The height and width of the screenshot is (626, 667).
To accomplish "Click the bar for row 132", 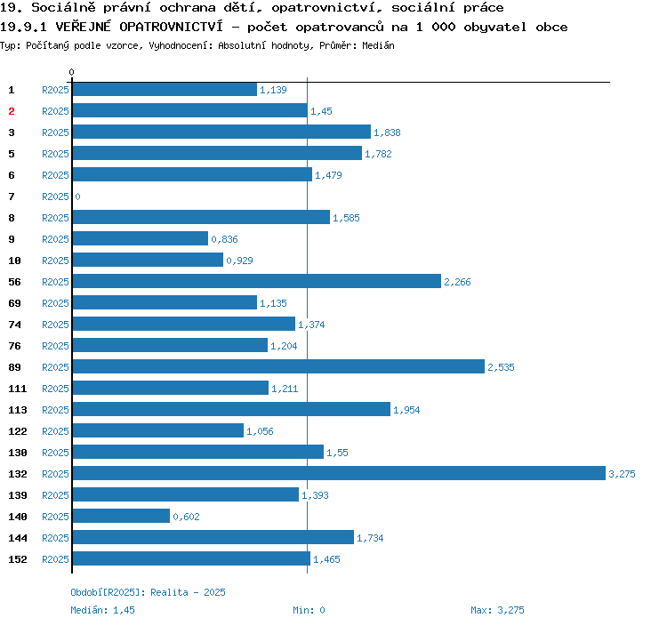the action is click(x=339, y=473).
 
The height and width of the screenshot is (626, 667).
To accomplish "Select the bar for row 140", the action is click(x=121, y=516).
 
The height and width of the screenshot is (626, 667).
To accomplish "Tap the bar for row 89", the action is click(x=278, y=366).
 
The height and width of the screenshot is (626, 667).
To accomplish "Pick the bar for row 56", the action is click(x=257, y=281).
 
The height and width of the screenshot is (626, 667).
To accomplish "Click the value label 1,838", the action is click(x=387, y=132).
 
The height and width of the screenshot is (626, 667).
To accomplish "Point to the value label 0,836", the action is click(x=225, y=239).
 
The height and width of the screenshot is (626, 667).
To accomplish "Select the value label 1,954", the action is click(x=406, y=410).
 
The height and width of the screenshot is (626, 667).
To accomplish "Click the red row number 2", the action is click(x=12, y=111).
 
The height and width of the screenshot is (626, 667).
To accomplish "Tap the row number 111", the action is click(x=18, y=389).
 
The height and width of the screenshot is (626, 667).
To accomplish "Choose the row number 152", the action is click(x=18, y=559).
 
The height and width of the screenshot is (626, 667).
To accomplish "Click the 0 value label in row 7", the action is click(x=78, y=197).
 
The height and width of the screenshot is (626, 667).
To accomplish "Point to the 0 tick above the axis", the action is click(x=71, y=72).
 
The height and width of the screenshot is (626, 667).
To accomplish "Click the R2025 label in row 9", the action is click(x=55, y=239).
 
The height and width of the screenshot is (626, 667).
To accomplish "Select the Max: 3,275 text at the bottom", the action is click(x=497, y=610).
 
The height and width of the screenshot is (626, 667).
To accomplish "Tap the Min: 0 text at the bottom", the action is click(x=309, y=610).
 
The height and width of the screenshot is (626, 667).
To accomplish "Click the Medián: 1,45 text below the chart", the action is click(x=102, y=610).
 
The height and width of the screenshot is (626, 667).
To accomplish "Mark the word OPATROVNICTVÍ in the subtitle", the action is click(x=171, y=27).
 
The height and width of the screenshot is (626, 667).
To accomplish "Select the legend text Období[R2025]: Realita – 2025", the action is click(x=148, y=592).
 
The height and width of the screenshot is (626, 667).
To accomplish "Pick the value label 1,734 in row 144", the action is click(x=370, y=538).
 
